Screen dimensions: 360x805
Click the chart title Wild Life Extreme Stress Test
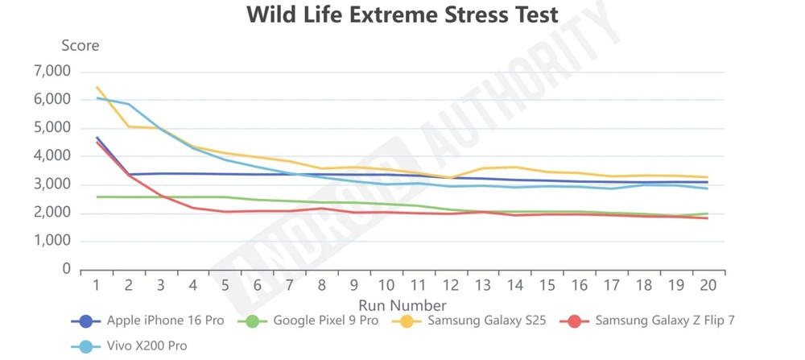(x=402, y=14)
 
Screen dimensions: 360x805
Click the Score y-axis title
(x=80, y=45)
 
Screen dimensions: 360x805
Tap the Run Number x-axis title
(x=402, y=305)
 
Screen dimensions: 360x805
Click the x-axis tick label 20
(x=708, y=285)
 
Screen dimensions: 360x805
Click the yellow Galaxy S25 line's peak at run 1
(x=97, y=87)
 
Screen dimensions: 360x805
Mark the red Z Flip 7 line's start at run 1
(x=97, y=142)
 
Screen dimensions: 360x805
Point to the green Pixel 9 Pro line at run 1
(x=97, y=197)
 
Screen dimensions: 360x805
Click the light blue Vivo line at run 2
(x=129, y=104)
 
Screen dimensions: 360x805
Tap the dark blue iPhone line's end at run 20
(x=708, y=182)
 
